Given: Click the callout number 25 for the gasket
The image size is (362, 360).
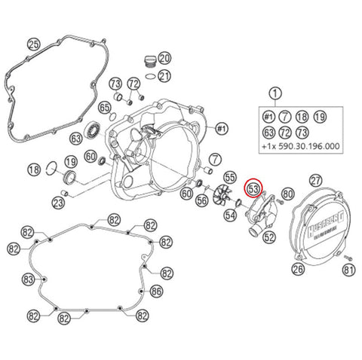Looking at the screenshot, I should [x=32, y=44].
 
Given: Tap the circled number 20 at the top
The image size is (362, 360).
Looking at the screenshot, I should [x=164, y=58].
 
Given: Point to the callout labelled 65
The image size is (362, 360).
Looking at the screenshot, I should [x=105, y=108].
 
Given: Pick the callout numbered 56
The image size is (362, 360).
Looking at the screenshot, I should [x=201, y=201].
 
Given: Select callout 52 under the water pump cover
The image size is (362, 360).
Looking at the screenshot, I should [x=270, y=236].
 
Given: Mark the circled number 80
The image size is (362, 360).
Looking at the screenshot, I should [x=287, y=194].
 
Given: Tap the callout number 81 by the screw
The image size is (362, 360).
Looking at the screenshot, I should [x=348, y=269].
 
